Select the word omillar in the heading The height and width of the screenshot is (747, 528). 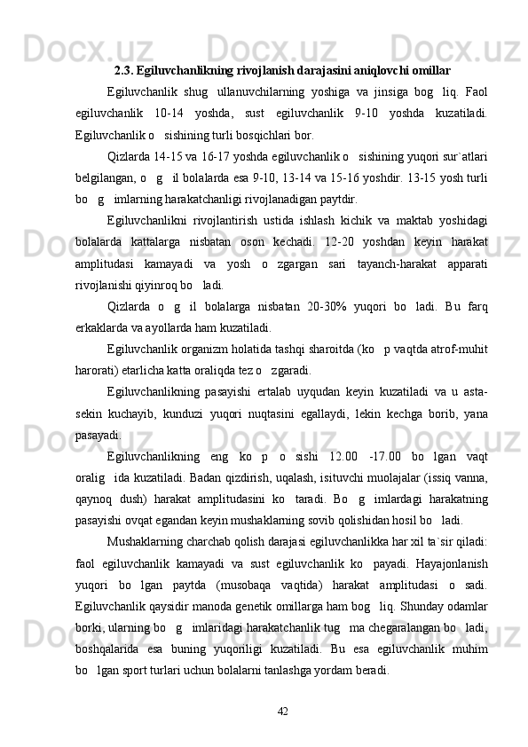pos(429,69)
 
